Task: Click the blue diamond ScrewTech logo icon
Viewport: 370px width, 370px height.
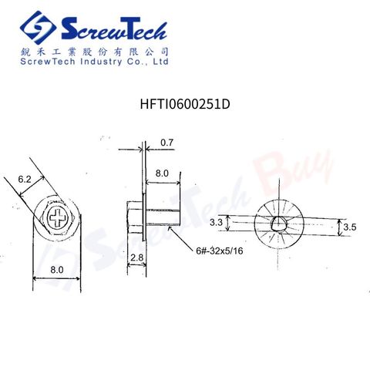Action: click(x=38, y=28)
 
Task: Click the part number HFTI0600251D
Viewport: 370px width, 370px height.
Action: click(x=185, y=104)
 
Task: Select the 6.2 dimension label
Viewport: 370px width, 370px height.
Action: click(x=25, y=179)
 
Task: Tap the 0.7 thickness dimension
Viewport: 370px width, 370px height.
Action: click(x=167, y=143)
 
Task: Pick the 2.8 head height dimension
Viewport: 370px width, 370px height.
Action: click(x=136, y=257)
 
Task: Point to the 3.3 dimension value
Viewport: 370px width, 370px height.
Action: click(x=216, y=222)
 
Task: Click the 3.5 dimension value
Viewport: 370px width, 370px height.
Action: click(x=350, y=227)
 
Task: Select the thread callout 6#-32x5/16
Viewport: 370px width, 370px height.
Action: click(x=220, y=251)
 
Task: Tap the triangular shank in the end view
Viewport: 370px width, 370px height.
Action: click(x=278, y=224)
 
